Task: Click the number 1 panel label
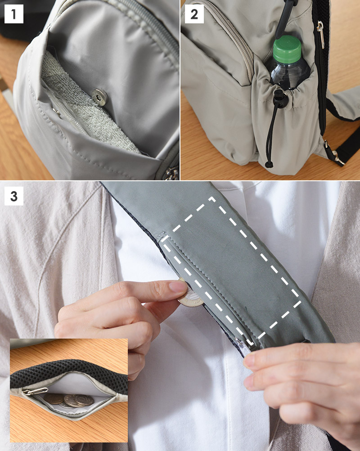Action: (14, 14)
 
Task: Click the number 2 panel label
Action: (194, 14)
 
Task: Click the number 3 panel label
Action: (14, 196)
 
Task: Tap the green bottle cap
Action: (287, 49)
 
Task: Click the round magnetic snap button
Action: (99, 97)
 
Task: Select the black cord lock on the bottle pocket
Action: (280, 98)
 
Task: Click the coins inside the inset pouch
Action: (69, 400)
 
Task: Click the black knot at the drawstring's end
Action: (269, 165)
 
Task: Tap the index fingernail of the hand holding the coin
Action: (178, 286)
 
